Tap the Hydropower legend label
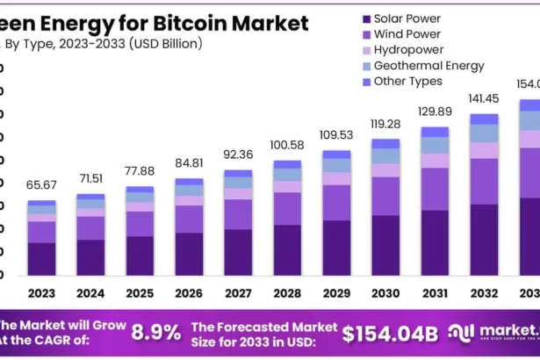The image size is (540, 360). point(408,50)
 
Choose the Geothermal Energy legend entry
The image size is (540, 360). point(428,66)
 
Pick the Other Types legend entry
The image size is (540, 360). point(408,82)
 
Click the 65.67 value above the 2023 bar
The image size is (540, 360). point(41,184)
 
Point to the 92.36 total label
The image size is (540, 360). point(238,155)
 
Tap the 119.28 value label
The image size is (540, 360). point(385,124)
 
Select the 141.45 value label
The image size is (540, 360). point(484,99)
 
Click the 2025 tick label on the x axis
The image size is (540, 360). point(140,292)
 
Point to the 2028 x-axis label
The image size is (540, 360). point(287,292)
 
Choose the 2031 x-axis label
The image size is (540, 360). point(435,292)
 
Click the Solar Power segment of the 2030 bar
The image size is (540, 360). point(385,245)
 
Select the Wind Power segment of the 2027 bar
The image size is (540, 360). point(238,213)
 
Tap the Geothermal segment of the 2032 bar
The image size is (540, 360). point(484,133)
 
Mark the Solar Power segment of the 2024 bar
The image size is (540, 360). point(90,257)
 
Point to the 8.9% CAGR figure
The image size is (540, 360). point(155,332)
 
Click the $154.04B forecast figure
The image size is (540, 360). point(389,333)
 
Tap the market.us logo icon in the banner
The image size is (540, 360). point(461,332)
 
